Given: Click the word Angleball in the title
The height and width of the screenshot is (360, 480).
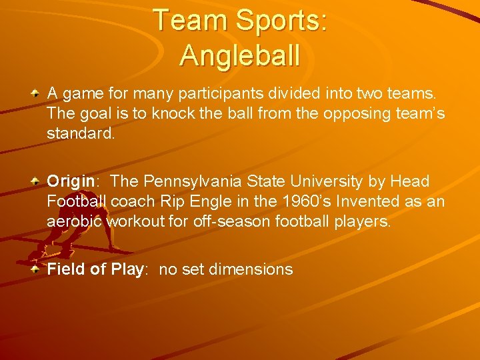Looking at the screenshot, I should click(239, 55).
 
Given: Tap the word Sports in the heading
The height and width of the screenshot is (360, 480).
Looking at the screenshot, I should click(275, 21).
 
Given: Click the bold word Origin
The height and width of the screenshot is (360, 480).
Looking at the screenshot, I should click(70, 182).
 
